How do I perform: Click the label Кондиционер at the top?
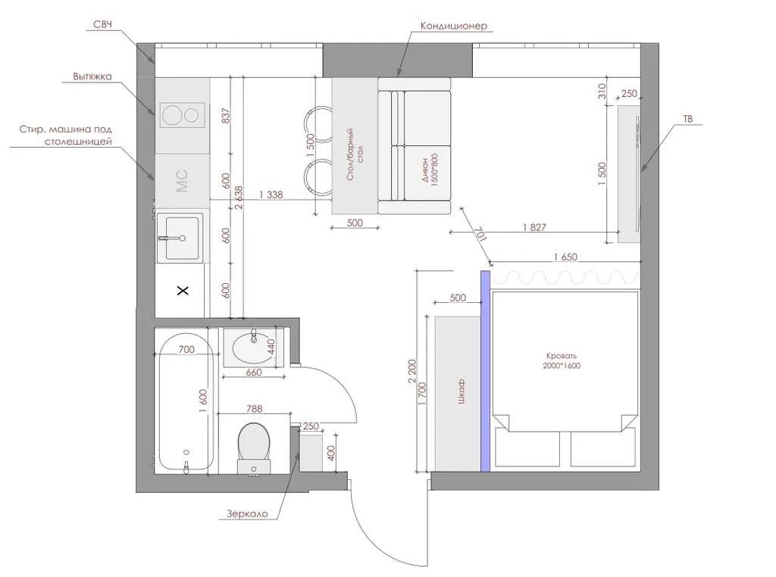[x=453, y=26]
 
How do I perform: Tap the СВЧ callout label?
[x=102, y=25]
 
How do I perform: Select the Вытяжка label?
[x=92, y=76]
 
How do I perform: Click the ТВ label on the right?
[x=687, y=119]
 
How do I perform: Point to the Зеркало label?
[x=248, y=513]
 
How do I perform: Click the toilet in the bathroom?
[x=254, y=448]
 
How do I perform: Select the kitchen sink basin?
[x=182, y=238]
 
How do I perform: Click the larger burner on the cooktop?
[x=172, y=116]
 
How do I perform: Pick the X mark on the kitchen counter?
[x=183, y=290]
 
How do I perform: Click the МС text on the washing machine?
[x=182, y=181]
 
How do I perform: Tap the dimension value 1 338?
[x=271, y=195]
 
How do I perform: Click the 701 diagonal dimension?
[x=480, y=235]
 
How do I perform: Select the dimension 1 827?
[x=534, y=227]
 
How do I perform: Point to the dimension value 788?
[x=254, y=409]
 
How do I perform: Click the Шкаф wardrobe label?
[x=461, y=392]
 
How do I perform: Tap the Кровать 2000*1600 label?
[x=562, y=360]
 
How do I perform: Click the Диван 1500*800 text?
[x=430, y=169]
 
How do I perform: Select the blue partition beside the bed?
[x=486, y=371]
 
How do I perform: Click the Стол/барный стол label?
[x=355, y=154]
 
